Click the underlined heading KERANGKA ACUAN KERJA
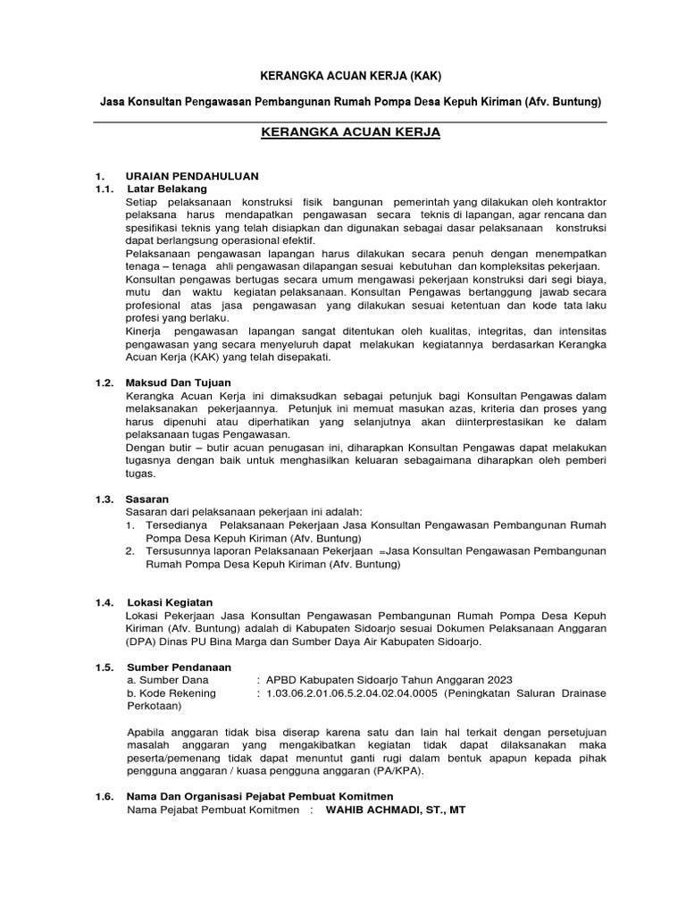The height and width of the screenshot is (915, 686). pyautogui.click(x=351, y=133)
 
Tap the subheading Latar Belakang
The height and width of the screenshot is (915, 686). pyautogui.click(x=167, y=189)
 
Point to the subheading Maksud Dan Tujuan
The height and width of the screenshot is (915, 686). pyautogui.click(x=179, y=382)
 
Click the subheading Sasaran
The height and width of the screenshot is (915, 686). pyautogui.click(x=148, y=498)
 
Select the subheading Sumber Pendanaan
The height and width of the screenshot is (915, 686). pyautogui.click(x=180, y=667)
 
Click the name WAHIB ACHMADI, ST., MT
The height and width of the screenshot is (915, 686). pyautogui.click(x=395, y=810)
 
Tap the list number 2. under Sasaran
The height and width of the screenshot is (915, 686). pyautogui.click(x=130, y=551)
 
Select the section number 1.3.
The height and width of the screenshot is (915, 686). pyautogui.click(x=105, y=498)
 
